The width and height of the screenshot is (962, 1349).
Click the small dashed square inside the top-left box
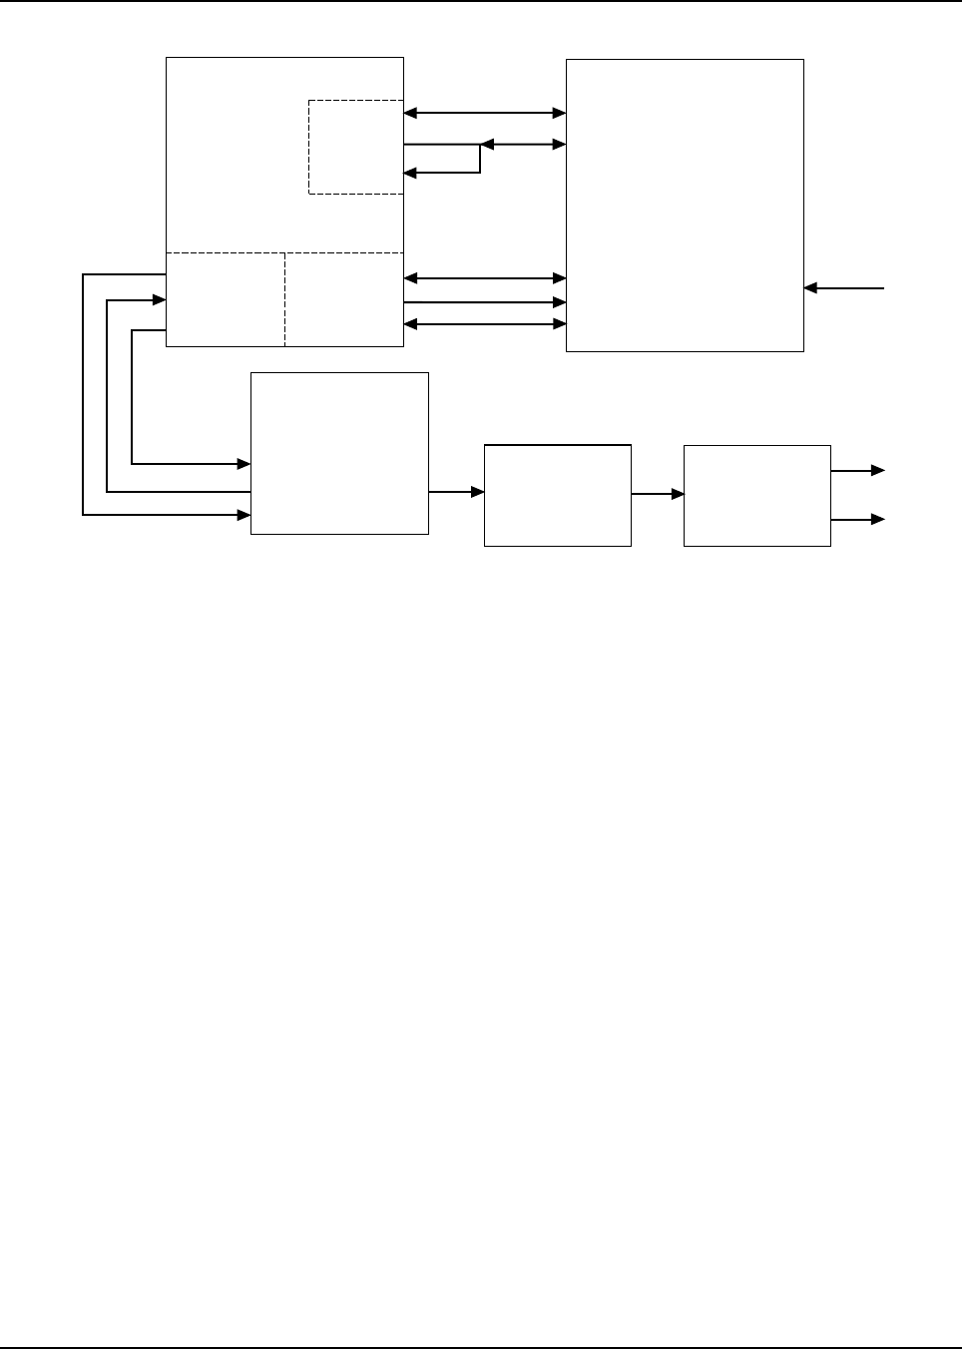click(356, 147)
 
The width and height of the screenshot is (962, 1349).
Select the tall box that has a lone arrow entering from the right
click(685, 205)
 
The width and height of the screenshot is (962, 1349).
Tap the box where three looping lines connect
click(339, 453)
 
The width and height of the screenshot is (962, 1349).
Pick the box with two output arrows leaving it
click(756, 495)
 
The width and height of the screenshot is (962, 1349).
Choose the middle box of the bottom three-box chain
click(557, 495)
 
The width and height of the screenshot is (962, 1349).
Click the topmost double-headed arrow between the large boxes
click(485, 114)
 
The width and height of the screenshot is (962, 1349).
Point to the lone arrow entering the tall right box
click(843, 288)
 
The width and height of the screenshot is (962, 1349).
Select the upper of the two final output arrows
click(857, 470)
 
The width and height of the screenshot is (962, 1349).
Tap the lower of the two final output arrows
click(857, 520)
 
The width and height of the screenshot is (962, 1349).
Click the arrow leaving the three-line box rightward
click(456, 492)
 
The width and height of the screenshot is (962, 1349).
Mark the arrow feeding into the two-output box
click(658, 493)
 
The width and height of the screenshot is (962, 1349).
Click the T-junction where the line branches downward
click(481, 146)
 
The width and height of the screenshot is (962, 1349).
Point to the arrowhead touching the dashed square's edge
click(409, 173)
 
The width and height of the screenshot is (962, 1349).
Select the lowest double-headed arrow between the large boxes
click(485, 324)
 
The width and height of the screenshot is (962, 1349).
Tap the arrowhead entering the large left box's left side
click(159, 298)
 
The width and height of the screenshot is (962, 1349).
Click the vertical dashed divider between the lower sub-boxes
click(285, 299)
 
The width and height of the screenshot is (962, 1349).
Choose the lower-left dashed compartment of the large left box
click(226, 299)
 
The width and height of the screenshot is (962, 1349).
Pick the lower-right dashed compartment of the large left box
click(344, 299)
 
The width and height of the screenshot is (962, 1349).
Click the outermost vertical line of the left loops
click(83, 394)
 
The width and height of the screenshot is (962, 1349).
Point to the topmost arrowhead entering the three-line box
click(243, 463)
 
